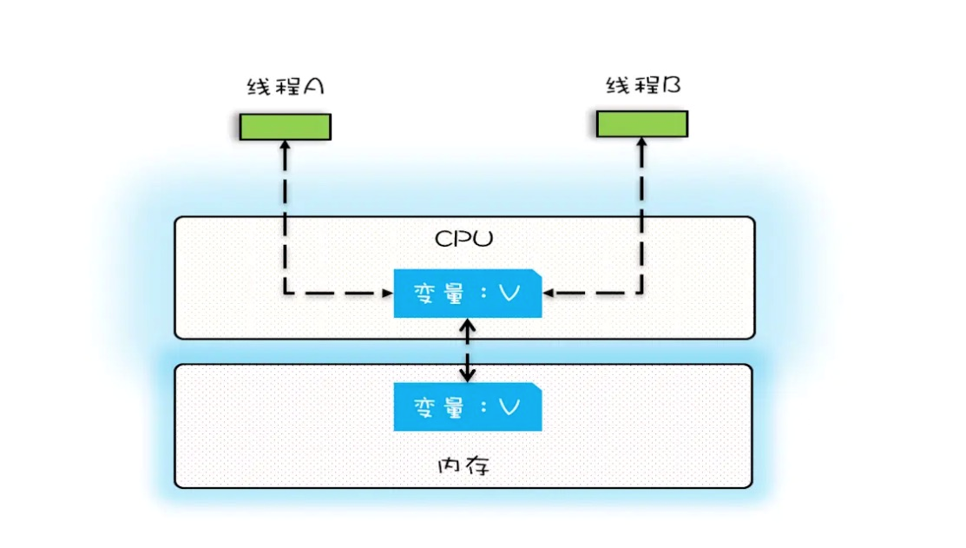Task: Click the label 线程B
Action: [x=642, y=85]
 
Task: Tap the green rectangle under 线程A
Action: [x=286, y=127]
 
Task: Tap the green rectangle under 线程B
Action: [x=642, y=123]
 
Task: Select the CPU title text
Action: [x=463, y=238]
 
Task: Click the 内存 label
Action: [x=463, y=465]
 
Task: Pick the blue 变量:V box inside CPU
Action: [x=467, y=294]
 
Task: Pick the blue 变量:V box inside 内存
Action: [x=467, y=407]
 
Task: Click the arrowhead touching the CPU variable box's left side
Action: [x=386, y=294]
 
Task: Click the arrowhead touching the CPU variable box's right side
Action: [x=549, y=294]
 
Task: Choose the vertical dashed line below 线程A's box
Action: [x=285, y=217]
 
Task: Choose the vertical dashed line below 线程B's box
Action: [x=642, y=217]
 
